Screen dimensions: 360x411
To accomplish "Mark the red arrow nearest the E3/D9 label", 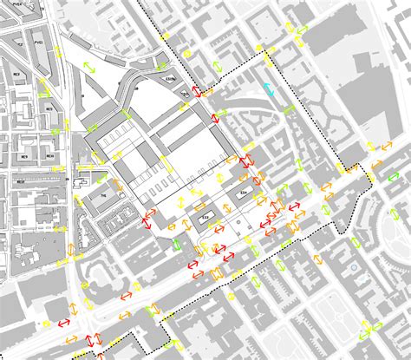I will click(x=199, y=92).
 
